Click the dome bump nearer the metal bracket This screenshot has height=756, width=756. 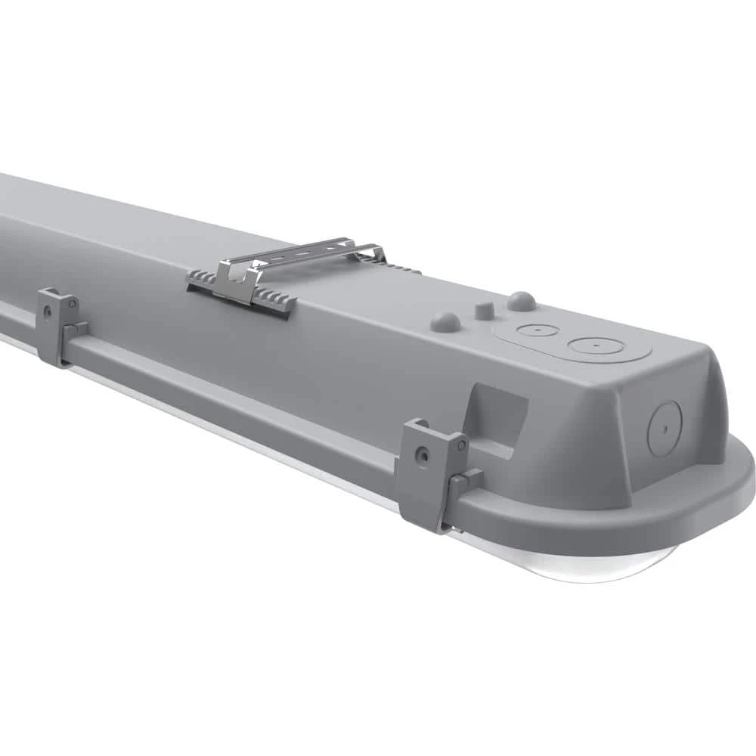445,322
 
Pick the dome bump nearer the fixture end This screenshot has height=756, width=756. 521,301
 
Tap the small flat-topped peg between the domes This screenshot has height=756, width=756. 484,311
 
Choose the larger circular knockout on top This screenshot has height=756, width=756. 596,346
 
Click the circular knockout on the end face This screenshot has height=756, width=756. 665,428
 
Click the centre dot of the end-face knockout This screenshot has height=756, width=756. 665,428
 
